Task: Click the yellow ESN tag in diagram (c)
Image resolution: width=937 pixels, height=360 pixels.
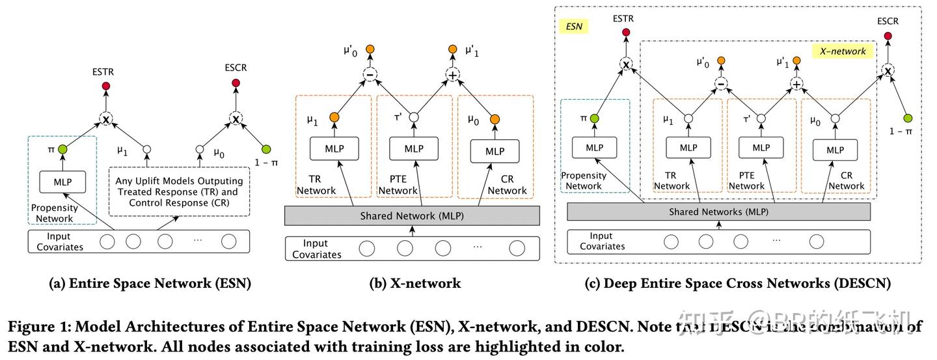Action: pyautogui.click(x=573, y=27)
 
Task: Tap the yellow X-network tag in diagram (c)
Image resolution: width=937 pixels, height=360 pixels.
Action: pyautogui.click(x=843, y=51)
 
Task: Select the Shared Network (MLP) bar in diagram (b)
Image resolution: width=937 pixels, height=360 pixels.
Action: pyautogui.click(x=412, y=216)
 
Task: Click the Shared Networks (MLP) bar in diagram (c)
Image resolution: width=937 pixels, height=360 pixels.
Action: pyautogui.click(x=718, y=212)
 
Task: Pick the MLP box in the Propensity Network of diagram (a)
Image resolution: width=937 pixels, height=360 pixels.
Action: pyautogui.click(x=62, y=182)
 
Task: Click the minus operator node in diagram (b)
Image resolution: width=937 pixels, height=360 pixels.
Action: pyautogui.click(x=370, y=76)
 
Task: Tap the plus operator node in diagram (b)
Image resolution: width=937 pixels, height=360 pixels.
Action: pyautogui.click(x=452, y=76)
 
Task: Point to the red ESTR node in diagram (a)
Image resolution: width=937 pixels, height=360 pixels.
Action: pyautogui.click(x=106, y=86)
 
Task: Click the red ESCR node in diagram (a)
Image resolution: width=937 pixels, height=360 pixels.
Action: pyautogui.click(x=235, y=86)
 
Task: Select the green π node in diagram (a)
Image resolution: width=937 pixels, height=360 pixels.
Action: pyautogui.click(x=62, y=150)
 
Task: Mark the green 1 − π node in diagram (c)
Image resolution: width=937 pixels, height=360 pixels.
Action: pyautogui.click(x=908, y=118)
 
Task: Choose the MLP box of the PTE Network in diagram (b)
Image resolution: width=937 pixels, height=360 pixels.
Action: pyautogui.click(x=414, y=149)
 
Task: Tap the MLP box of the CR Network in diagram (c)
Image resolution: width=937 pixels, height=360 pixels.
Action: pyautogui.click(x=835, y=150)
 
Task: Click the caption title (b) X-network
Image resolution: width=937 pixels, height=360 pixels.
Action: pyautogui.click(x=414, y=283)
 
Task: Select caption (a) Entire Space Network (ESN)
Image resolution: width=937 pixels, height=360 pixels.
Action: pyautogui.click(x=150, y=283)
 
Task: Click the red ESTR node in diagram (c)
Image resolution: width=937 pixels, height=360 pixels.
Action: pyautogui.click(x=626, y=33)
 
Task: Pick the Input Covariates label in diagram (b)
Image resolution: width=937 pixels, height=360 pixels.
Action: pyautogui.click(x=317, y=249)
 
